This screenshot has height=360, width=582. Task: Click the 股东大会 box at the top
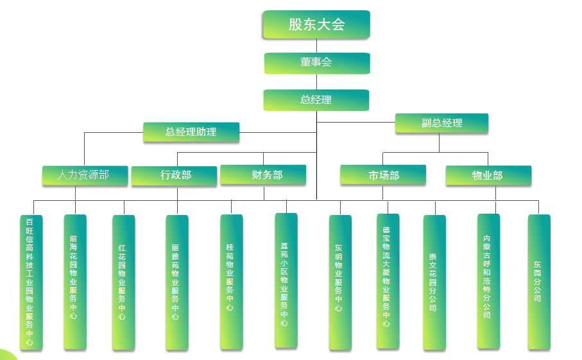click(x=316, y=24)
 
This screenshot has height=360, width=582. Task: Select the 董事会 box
click(x=317, y=63)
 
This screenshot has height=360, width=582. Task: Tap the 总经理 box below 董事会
click(x=316, y=100)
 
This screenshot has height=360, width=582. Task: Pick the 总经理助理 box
click(x=191, y=132)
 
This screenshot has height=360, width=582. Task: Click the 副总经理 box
click(x=441, y=123)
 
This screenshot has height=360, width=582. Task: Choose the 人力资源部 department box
click(x=85, y=175)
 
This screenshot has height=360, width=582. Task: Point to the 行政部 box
click(x=175, y=175)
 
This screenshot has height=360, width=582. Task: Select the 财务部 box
click(x=263, y=175)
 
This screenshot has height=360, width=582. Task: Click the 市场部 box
click(x=383, y=175)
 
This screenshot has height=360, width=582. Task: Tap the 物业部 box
click(x=488, y=175)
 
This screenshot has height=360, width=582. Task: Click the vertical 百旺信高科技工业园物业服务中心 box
click(x=31, y=282)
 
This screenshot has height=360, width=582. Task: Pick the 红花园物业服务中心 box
click(x=123, y=282)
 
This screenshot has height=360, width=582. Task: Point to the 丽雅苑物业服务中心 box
click(x=176, y=282)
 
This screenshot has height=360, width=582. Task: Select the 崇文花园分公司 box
click(x=434, y=282)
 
